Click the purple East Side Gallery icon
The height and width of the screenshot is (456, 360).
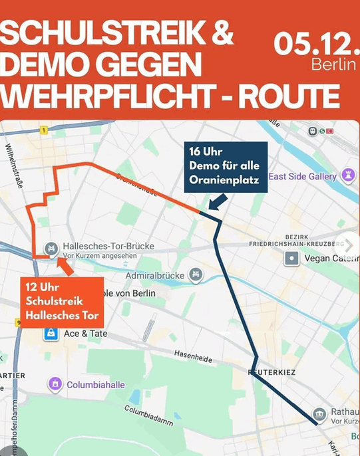click(347, 175)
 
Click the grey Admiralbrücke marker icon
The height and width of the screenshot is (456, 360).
click(195, 274)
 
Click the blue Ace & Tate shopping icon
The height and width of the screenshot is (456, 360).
click(50, 335)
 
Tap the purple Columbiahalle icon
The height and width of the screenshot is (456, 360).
click(55, 384)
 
